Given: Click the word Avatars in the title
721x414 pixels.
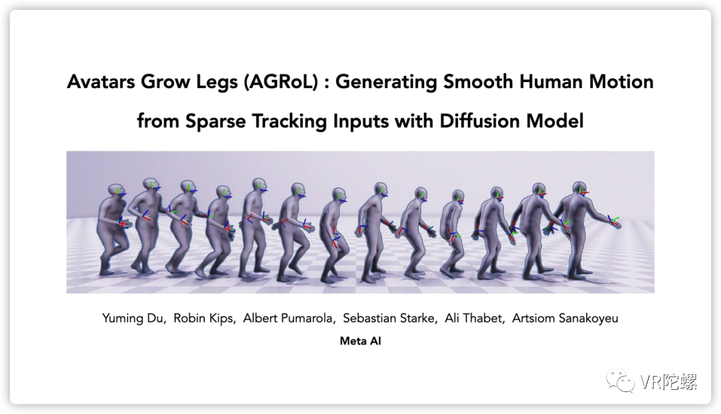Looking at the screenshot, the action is tap(101, 82).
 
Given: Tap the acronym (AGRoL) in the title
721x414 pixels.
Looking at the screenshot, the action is tap(281, 82).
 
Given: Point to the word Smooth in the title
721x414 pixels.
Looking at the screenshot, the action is tap(478, 82).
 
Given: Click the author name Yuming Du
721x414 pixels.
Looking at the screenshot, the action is tap(134, 319).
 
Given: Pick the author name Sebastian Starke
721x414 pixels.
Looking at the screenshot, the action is tap(389, 319).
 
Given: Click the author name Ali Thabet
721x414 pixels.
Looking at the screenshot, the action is tap(474, 319).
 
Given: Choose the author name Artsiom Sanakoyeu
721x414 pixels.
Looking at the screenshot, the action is tap(565, 319).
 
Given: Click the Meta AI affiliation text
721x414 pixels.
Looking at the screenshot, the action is tap(360, 341).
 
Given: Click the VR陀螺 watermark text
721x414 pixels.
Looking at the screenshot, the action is tap(668, 381).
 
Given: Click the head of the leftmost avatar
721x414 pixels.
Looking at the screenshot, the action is tap(114, 192).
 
